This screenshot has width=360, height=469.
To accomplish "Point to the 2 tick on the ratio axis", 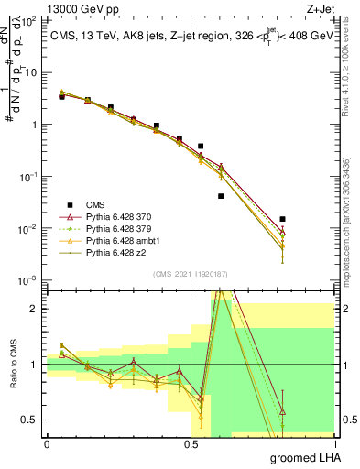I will [x=34, y=309].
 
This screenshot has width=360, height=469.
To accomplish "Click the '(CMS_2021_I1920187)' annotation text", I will [x=189, y=274].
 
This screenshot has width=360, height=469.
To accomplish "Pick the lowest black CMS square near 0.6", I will [x=221, y=196].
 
